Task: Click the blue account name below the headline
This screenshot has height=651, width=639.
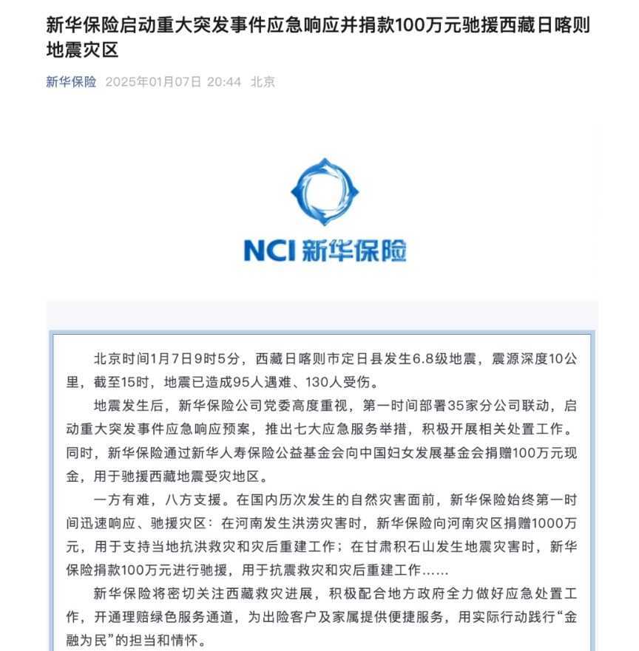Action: tap(71, 82)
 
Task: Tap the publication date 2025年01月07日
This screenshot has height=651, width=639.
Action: tap(153, 82)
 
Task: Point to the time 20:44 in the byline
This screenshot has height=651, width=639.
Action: tap(224, 82)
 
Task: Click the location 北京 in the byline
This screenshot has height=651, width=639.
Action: tap(263, 82)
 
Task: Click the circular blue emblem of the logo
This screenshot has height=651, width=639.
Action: tap(325, 193)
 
